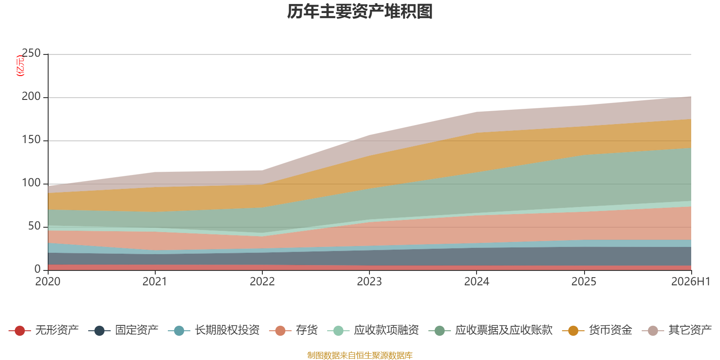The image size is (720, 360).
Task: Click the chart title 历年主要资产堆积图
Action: tap(360, 12)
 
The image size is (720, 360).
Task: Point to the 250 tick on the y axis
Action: tap(31, 54)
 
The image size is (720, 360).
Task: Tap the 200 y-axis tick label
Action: tap(31, 96)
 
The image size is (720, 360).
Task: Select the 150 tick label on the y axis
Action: tap(31, 140)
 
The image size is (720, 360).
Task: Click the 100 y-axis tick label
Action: tap(31, 183)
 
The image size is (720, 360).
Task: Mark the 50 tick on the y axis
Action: tap(34, 226)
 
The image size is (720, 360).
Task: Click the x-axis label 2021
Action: tap(155, 282)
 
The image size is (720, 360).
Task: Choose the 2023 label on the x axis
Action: tap(369, 282)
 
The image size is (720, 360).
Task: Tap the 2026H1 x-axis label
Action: tap(691, 282)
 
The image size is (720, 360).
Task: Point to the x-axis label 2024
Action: tap(477, 282)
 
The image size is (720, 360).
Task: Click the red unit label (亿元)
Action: tap(20, 66)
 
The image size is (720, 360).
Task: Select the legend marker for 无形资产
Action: tap(20, 330)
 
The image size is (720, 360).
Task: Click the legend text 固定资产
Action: tap(137, 330)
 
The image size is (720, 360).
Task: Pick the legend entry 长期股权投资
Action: tap(214, 330)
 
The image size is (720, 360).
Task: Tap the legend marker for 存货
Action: tap(280, 330)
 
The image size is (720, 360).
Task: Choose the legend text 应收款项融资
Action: tap(387, 330)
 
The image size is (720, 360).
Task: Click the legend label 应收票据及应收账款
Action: tap(504, 330)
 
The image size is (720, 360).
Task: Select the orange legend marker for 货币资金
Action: tap(573, 330)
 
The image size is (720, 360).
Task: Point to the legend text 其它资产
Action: tap(690, 330)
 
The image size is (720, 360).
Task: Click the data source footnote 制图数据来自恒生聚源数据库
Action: tap(360, 355)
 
